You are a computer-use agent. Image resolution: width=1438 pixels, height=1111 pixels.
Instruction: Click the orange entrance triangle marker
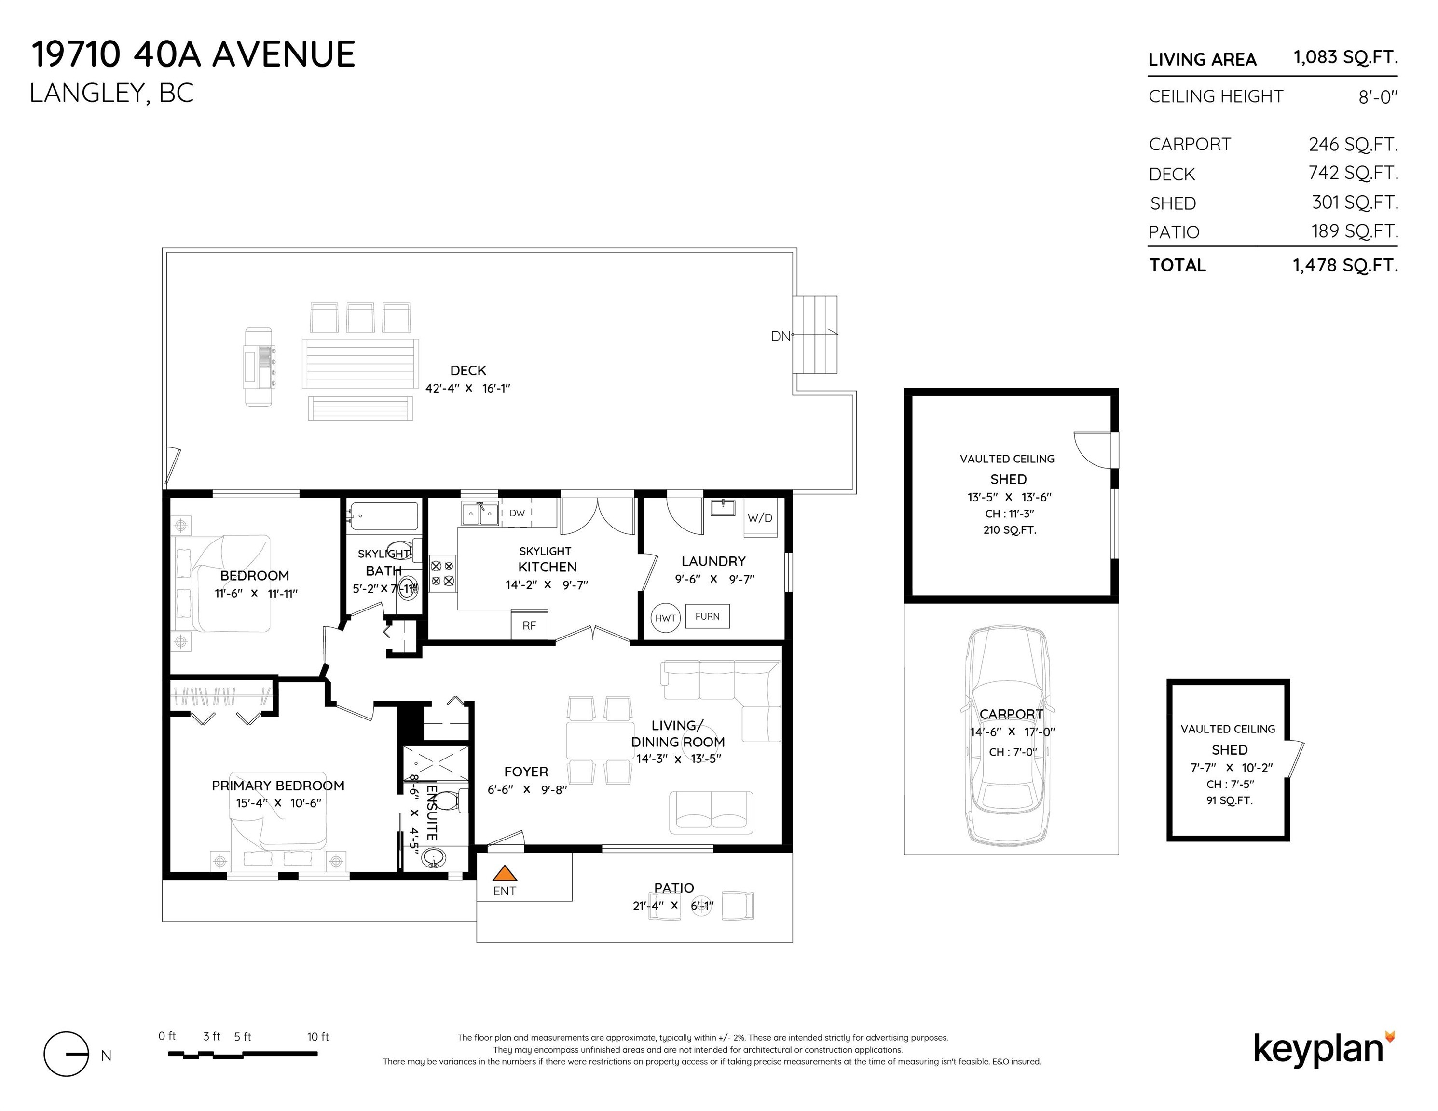(x=505, y=873)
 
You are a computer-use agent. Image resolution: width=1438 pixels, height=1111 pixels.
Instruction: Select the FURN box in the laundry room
(x=707, y=616)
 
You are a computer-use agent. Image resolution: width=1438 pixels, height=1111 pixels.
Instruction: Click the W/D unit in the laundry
(x=760, y=518)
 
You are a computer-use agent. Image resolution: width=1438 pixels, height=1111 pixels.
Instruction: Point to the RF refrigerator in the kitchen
(x=529, y=624)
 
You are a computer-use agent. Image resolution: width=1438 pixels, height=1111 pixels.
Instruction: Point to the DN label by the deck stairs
(x=780, y=336)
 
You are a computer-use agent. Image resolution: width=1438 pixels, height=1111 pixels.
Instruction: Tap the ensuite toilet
(x=450, y=801)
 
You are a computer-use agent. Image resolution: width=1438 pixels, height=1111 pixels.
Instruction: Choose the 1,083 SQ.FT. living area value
(x=1345, y=58)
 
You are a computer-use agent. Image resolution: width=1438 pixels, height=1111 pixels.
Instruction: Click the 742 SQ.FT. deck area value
(x=1353, y=173)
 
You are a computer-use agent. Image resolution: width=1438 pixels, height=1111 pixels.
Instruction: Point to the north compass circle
(x=66, y=1054)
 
